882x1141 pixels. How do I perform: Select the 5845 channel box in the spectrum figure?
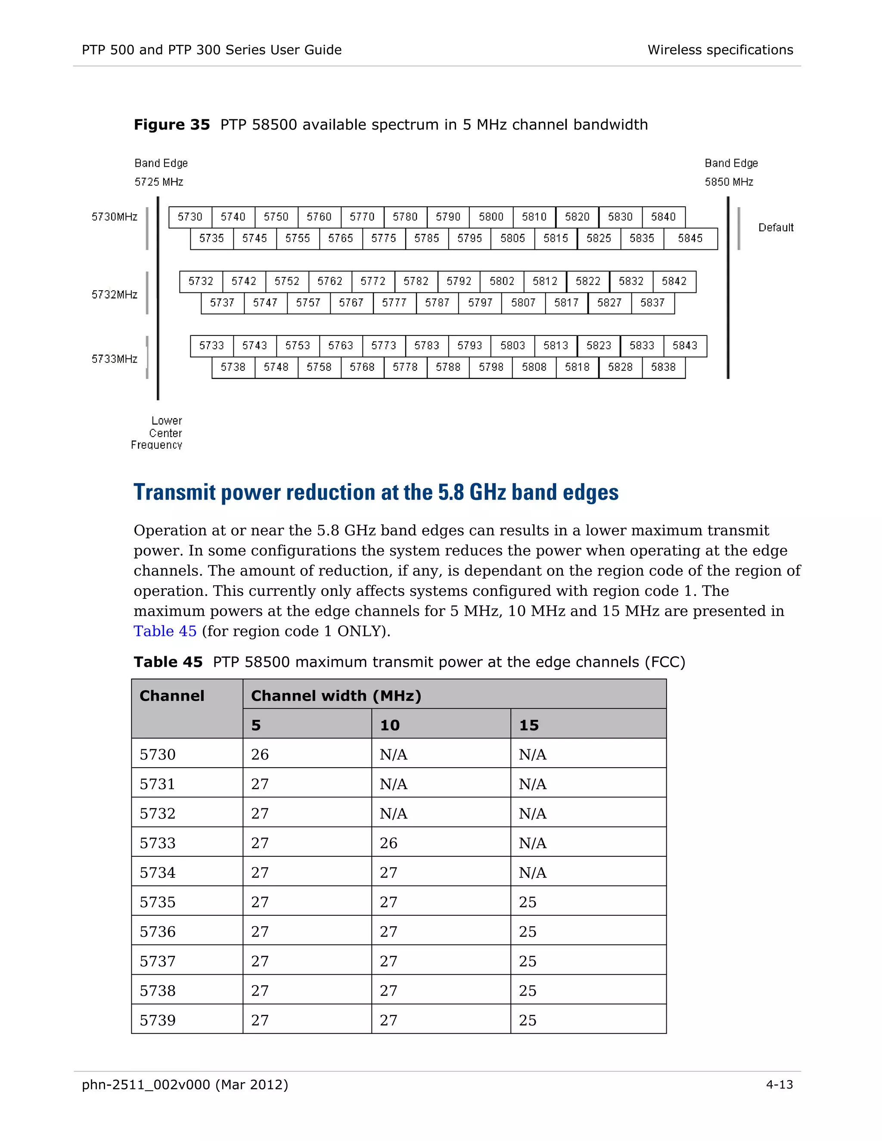pyautogui.click(x=690, y=238)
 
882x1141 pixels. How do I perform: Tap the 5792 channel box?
pyautogui.click(x=459, y=281)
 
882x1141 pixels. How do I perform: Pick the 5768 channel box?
pyautogui.click(x=362, y=367)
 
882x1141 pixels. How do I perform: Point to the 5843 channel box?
pyautogui.click(x=685, y=345)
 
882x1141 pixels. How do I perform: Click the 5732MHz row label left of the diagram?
pyautogui.click(x=115, y=295)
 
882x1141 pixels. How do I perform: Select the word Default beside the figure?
pyautogui.click(x=775, y=227)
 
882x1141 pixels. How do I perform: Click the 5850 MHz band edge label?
pyautogui.click(x=729, y=182)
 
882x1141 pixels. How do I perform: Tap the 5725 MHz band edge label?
pyautogui.click(x=159, y=182)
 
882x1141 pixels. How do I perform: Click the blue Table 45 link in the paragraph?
pyautogui.click(x=165, y=631)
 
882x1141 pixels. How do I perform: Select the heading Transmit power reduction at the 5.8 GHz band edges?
pyautogui.click(x=376, y=492)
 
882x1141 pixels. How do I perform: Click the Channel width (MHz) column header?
pyautogui.click(x=336, y=696)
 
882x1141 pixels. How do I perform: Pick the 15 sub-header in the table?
pyautogui.click(x=529, y=725)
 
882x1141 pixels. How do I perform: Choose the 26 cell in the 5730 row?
pyautogui.click(x=260, y=754)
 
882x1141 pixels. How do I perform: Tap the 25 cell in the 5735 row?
pyautogui.click(x=527, y=902)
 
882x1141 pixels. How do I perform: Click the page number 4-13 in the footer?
pyautogui.click(x=779, y=1085)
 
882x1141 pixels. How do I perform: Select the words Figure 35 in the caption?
pyautogui.click(x=171, y=124)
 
